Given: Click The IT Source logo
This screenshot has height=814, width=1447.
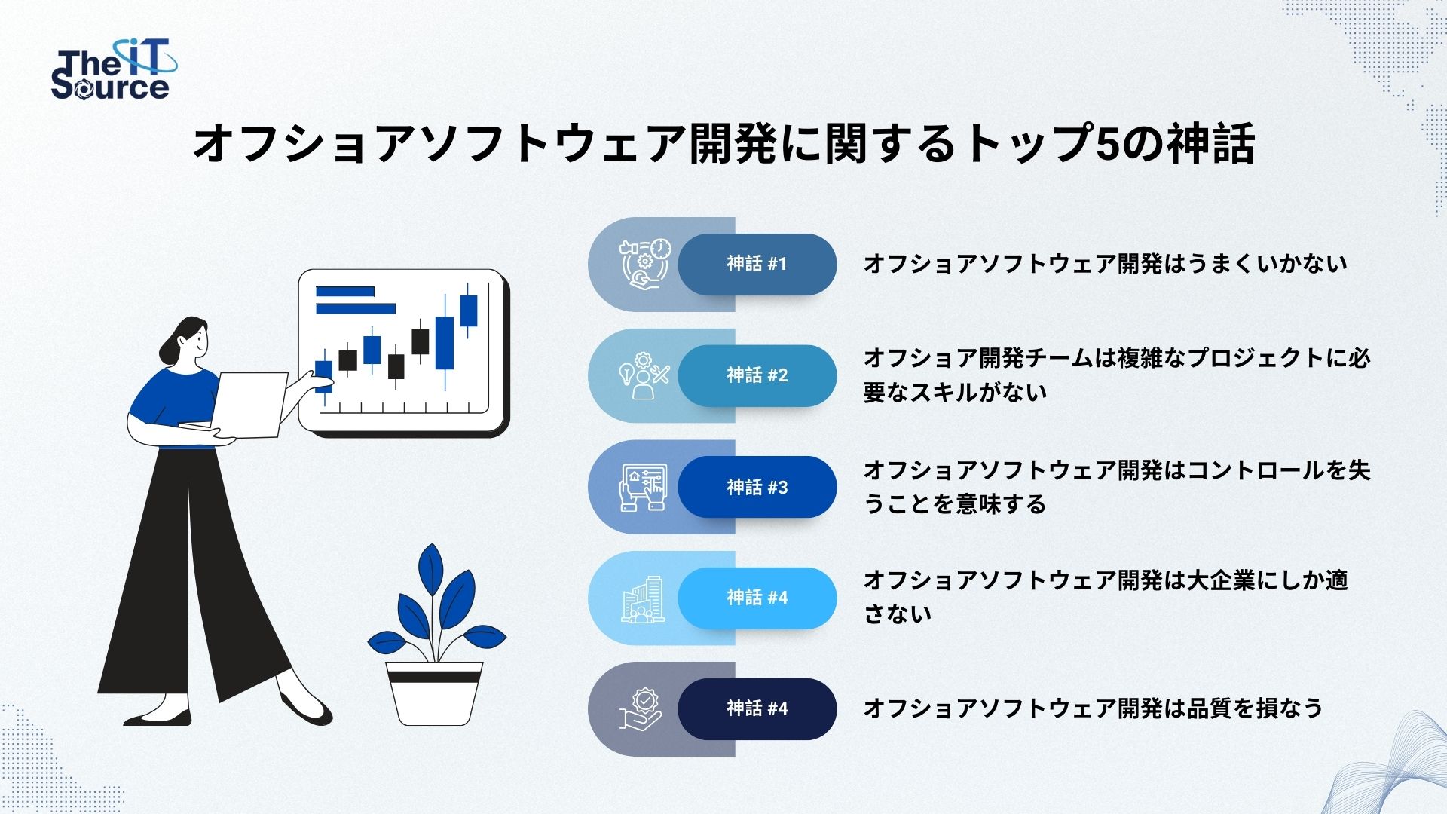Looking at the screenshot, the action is [x=114, y=71].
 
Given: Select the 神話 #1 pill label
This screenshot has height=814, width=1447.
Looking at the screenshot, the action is [x=757, y=264].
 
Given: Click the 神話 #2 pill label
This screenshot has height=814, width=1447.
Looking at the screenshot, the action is [x=757, y=375].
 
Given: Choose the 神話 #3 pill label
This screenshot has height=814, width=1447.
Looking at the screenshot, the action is [x=757, y=487].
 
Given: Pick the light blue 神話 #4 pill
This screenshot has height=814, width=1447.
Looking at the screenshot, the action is [x=757, y=598].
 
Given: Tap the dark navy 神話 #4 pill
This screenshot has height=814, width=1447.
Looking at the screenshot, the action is [x=757, y=708].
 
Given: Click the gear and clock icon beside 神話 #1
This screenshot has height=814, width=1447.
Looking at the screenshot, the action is [x=644, y=264].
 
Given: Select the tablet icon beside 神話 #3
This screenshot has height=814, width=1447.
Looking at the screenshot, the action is [x=644, y=488].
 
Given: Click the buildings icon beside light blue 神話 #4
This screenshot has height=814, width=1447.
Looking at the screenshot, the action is [x=644, y=599].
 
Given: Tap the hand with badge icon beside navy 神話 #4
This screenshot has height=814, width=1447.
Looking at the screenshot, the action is [x=641, y=709].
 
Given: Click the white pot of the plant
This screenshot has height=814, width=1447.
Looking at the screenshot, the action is [x=434, y=693].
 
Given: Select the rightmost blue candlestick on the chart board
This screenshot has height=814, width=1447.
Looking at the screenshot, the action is [x=469, y=310].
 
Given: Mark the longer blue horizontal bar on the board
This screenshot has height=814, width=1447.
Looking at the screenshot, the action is [x=356, y=308].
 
